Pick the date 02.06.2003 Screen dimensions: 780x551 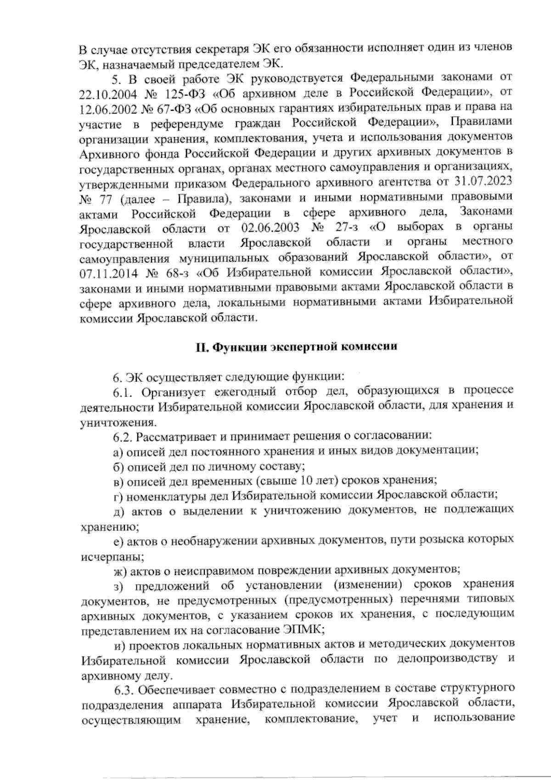click(269, 227)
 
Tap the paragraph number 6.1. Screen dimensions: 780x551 click(124, 392)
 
